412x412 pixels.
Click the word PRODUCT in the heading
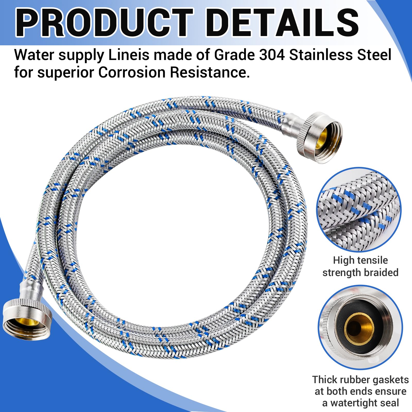[104, 23]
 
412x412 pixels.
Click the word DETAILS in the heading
[282, 23]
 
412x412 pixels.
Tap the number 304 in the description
[272, 55]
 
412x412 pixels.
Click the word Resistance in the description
[210, 73]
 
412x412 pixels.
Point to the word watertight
[365, 403]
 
